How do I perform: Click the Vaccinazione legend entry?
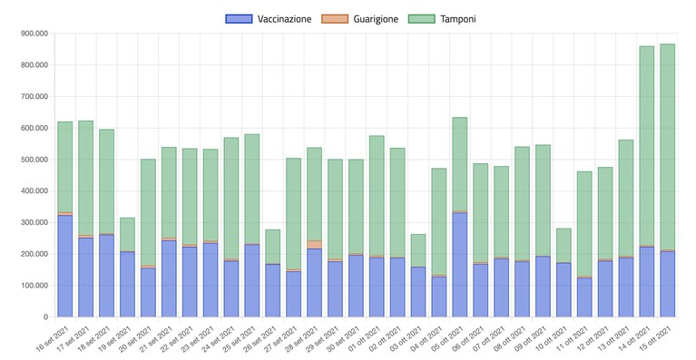[x=269, y=19]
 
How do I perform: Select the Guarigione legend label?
[x=360, y=19]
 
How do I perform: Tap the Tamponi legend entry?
[x=442, y=19]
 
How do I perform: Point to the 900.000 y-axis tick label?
[x=34, y=34]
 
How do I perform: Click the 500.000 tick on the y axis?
[x=34, y=160]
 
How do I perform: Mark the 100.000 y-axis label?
[x=34, y=286]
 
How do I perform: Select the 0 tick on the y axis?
[x=45, y=317]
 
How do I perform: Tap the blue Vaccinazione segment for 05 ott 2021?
[x=459, y=265]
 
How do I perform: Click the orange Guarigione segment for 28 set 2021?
[x=314, y=245]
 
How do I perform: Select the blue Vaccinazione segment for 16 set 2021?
[x=64, y=266]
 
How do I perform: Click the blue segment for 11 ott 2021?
[x=584, y=297]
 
